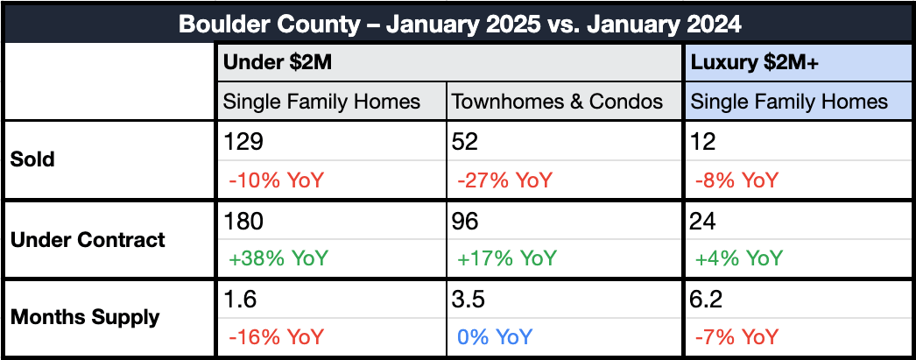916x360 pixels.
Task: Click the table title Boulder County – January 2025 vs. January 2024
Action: pyautogui.click(x=460, y=25)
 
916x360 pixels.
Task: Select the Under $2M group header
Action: pyautogui.click(x=278, y=62)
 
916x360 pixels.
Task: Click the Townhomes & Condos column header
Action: pyautogui.click(x=558, y=102)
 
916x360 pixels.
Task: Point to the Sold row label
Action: pyautogui.click(x=32, y=159)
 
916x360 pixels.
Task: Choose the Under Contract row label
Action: pyautogui.click(x=88, y=239)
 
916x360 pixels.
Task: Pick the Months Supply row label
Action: pyautogui.click(x=85, y=317)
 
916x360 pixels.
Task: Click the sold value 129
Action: pyautogui.click(x=243, y=142)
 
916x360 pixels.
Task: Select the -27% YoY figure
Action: pyautogui.click(x=504, y=180)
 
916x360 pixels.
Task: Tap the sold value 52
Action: pyautogui.click(x=465, y=142)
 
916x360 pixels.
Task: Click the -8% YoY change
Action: pyautogui.click(x=736, y=180)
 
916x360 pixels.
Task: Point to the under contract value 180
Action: pyautogui.click(x=243, y=221)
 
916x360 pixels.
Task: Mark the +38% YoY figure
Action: pyautogui.click(x=278, y=258)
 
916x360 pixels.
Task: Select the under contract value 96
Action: pyautogui.click(x=465, y=221)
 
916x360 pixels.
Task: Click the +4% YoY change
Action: pyautogui.click(x=738, y=258)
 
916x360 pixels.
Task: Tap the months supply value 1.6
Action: pyautogui.click(x=240, y=300)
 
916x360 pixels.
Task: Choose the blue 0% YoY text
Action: pyautogui.click(x=495, y=337)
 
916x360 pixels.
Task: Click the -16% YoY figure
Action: pyautogui.click(x=276, y=337)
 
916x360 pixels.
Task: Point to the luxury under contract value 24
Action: pyautogui.click(x=703, y=221)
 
